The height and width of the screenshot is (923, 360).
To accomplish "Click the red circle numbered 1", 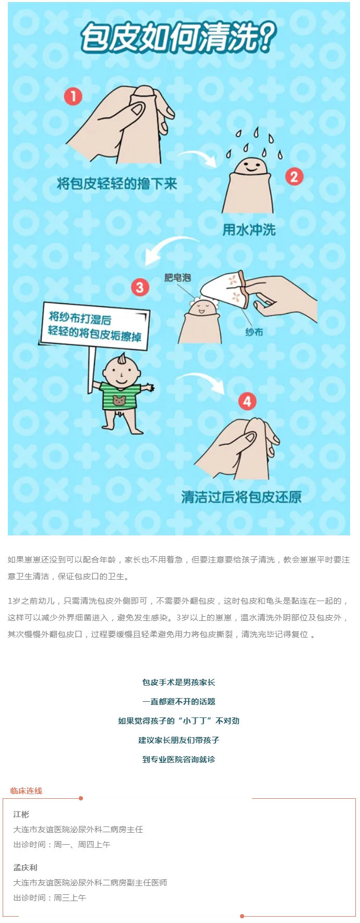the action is tap(73, 96).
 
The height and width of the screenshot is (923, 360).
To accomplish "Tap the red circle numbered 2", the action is tap(294, 176).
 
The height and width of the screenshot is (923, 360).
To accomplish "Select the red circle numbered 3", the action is tap(139, 287).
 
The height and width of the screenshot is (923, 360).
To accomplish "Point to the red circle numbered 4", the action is tap(247, 401).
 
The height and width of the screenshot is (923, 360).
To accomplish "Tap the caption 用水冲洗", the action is tap(249, 230).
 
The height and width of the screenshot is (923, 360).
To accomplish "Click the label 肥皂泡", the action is tap(177, 278).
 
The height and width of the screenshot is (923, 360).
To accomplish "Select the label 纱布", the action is tap(254, 331).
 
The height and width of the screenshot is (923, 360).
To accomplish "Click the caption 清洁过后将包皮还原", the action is tap(241, 497).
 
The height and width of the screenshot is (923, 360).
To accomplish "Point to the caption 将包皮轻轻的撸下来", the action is tap(117, 184).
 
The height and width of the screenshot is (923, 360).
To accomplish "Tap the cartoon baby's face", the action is tap(121, 371).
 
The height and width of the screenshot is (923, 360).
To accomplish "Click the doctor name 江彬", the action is tap(21, 814).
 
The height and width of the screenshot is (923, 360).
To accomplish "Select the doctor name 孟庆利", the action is tap(26, 867).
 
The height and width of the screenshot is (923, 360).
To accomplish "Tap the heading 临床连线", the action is tap(26, 790).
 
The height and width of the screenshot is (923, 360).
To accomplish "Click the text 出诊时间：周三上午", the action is tap(50, 897).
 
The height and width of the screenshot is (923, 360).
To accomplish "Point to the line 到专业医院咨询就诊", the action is tap(179, 759).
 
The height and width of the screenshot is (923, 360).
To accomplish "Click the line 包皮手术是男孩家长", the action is tap(179, 682).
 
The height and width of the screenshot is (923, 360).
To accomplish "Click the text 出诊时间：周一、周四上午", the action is tap(62, 844).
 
